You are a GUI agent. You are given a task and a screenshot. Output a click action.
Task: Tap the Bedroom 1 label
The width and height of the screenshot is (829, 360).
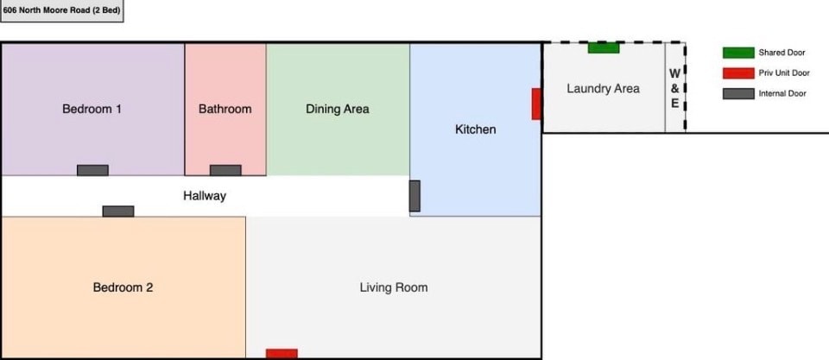pos(92,109)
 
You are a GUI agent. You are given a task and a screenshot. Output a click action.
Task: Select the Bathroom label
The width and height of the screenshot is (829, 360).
pos(225,109)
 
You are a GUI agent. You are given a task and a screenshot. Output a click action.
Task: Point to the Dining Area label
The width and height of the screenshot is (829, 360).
pos(338,109)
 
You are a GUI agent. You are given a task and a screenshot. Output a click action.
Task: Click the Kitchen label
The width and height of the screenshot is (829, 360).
pos(475,129)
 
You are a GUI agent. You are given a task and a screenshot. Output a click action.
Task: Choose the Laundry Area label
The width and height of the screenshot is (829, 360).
pos(603,88)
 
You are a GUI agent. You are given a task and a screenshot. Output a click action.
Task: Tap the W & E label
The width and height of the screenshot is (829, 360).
pos(675,89)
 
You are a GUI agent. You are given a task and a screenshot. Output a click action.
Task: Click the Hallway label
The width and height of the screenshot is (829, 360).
pos(205,196)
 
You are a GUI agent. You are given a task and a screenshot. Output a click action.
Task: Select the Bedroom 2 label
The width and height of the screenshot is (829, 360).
pos(123,287)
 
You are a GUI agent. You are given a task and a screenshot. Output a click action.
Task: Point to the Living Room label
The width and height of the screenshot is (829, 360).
pos(394,287)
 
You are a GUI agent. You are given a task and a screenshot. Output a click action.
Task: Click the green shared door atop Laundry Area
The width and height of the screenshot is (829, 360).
pos(604,47)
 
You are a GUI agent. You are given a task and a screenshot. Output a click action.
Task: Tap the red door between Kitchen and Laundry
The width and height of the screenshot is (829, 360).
pos(536,104)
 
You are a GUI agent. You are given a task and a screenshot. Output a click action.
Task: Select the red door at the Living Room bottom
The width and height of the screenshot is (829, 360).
pos(282,353)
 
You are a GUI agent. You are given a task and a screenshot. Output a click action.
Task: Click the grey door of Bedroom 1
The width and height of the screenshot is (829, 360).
pos(92,170)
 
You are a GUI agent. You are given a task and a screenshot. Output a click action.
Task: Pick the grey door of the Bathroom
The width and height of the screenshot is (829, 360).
pos(225,170)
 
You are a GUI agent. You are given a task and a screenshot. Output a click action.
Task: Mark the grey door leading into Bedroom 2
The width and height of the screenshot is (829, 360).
pos(118,211)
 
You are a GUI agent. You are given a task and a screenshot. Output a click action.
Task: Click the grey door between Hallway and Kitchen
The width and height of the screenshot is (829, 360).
pos(414,196)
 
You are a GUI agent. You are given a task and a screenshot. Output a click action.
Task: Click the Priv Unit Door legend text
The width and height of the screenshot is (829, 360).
pos(784,73)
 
